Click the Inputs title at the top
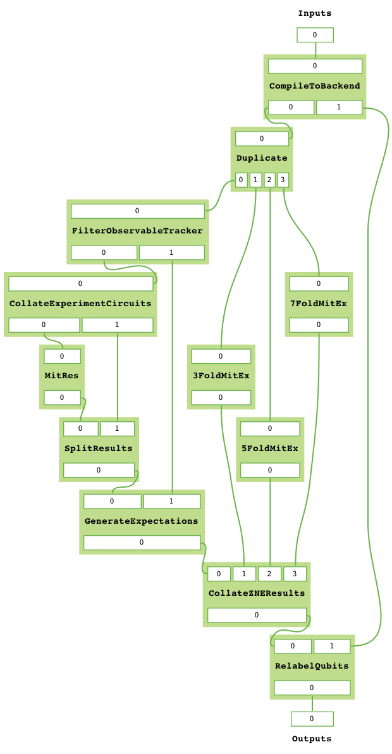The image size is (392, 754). click(314, 13)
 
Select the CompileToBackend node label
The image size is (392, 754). click(314, 86)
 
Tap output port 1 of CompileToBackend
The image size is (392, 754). click(339, 107)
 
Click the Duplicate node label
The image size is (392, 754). click(261, 158)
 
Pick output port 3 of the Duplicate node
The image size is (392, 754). click(283, 180)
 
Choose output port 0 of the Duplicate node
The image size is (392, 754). click(241, 180)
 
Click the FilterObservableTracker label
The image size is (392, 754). click(137, 231)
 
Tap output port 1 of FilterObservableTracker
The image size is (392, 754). click(171, 252)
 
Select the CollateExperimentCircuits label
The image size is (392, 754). click(80, 304)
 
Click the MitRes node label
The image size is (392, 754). click(61, 376)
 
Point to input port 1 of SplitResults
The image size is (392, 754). click(117, 429)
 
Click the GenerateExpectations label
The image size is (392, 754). click(141, 521)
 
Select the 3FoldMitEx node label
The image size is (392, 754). click(221, 376)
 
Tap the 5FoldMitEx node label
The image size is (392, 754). click(269, 448)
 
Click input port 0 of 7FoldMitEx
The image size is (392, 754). click(319, 283)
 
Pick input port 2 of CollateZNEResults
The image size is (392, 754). click(269, 574)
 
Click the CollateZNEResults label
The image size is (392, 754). click(256, 593)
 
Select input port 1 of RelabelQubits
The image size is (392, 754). click(332, 646)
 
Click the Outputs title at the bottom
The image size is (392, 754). click(311, 739)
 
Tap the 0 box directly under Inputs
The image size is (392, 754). click(315, 35)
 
